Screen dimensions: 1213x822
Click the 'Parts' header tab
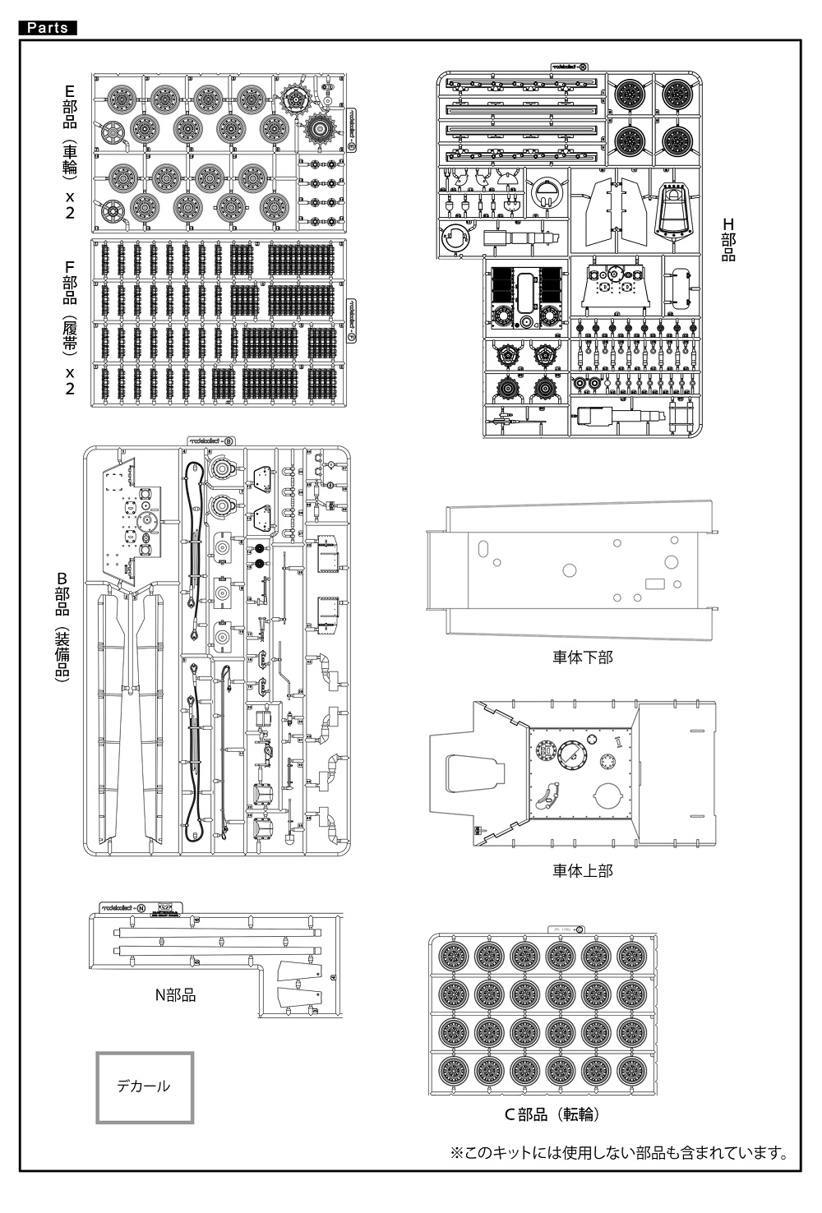(x=47, y=28)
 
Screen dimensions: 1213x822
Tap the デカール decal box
(x=145, y=1086)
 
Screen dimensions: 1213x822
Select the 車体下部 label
(x=583, y=657)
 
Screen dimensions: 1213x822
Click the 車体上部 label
(x=583, y=870)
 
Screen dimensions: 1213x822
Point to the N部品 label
(x=176, y=995)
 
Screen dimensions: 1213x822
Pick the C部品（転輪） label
(x=552, y=1114)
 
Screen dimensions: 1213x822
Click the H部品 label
(x=728, y=239)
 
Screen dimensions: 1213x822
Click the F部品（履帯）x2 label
(x=70, y=327)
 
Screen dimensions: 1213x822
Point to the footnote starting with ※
(x=619, y=1153)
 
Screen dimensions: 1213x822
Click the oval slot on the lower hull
(x=483, y=549)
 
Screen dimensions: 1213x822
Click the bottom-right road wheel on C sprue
(x=631, y=1072)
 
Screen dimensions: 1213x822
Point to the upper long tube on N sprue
(x=214, y=931)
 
